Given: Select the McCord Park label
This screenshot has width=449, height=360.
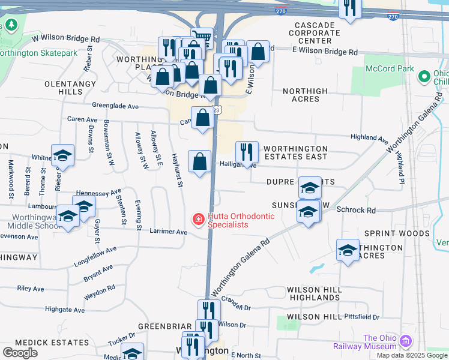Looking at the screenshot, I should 390,68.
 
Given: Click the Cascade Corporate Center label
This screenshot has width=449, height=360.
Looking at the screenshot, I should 314,33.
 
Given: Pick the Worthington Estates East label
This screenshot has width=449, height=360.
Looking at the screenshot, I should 295,152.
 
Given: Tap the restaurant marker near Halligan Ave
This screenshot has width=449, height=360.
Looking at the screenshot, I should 247,151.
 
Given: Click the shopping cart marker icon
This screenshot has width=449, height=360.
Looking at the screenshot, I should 202,38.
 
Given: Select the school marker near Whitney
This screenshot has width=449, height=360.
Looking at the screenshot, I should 62,155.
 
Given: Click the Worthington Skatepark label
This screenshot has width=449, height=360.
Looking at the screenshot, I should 42,53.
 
